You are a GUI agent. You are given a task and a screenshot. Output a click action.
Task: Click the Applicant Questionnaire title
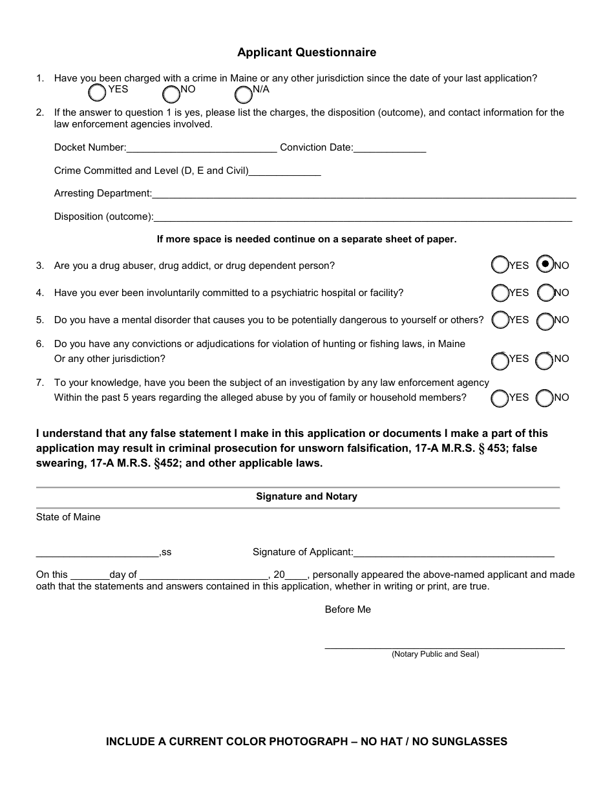306,52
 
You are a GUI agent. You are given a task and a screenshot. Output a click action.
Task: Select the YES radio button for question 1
97,93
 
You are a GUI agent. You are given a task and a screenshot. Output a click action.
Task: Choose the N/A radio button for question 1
243,94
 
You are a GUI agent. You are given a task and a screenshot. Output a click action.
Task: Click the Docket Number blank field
202,148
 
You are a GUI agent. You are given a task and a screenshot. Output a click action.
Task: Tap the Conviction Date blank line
390,148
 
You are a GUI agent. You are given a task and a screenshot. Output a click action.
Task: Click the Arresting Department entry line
364,194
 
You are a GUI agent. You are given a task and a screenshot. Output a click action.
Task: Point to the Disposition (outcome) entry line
363,218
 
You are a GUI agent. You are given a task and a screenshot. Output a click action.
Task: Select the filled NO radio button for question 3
545,265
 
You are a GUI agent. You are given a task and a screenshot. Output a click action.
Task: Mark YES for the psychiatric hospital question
500,293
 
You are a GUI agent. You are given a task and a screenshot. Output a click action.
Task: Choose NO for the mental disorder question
545,321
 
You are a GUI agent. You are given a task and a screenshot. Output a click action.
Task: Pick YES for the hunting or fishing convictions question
500,360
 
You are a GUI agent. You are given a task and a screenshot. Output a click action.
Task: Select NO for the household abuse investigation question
545,399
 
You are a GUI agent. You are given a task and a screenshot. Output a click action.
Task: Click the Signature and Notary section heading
306,496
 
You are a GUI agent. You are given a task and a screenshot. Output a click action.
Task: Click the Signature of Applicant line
454,553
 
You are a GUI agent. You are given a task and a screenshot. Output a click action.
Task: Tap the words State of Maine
69,517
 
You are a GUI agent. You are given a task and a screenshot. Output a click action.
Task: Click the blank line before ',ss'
98,553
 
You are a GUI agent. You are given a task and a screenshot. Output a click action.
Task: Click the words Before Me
348,609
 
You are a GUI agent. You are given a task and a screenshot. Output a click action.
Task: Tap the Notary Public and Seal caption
435,654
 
